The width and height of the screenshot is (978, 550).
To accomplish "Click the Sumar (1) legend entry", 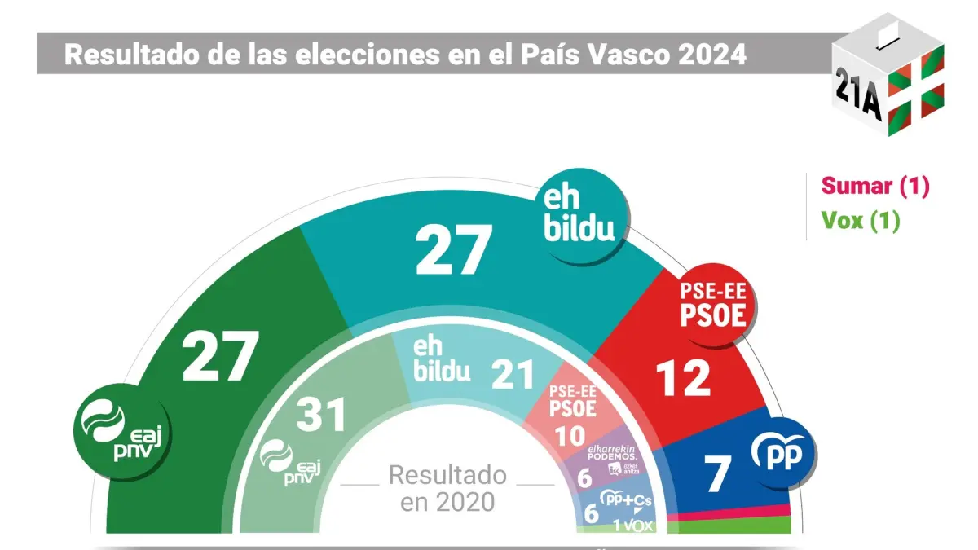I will (874, 186).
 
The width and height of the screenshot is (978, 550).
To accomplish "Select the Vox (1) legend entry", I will (860, 221).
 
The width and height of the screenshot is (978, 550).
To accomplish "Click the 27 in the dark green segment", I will (220, 356).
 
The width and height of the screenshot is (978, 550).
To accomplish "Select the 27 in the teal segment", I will (453, 250).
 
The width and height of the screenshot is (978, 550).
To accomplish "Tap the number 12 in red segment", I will (684, 378).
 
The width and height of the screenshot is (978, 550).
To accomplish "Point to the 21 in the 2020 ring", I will (513, 374).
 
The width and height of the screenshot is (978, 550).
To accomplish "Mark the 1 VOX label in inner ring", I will (633, 526).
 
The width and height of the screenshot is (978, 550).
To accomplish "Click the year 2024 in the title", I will (708, 55).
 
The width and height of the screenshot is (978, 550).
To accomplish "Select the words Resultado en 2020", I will (447, 487).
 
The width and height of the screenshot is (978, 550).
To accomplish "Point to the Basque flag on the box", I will (916, 82).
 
